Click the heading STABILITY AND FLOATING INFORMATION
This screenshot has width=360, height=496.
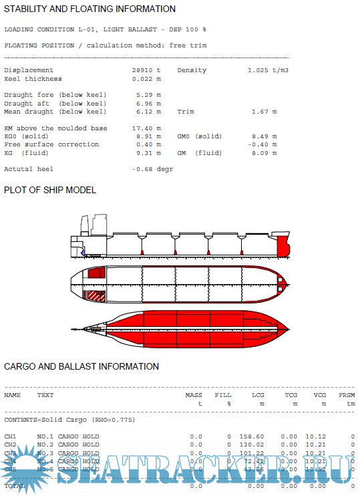(90, 9)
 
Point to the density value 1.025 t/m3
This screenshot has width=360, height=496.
(268, 70)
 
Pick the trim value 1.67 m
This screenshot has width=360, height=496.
(264, 112)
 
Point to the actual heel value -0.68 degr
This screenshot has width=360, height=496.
(152, 169)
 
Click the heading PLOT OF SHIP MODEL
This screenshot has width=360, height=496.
(50, 190)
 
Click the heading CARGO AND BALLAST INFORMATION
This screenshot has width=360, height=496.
(81, 366)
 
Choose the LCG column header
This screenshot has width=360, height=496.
(258, 395)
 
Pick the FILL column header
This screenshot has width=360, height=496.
(223, 395)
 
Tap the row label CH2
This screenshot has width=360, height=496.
(10, 445)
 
